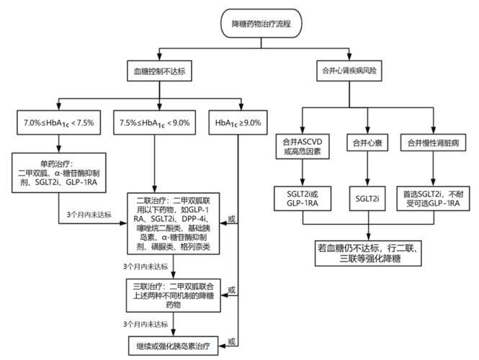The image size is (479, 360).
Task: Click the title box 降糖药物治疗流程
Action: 261,23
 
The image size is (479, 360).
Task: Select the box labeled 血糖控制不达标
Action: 159,71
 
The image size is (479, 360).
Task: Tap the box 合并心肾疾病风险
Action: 349,71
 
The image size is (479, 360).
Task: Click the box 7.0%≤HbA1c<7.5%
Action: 58,122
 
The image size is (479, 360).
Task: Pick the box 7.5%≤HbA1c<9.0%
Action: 155,122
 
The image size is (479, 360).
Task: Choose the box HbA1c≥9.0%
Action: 238,122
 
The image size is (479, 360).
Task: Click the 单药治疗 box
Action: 59,173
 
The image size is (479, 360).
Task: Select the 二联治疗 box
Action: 173,223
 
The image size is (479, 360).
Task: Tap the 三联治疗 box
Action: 173,295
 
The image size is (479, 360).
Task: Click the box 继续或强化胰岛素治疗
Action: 173,346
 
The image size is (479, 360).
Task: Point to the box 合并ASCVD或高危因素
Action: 303,146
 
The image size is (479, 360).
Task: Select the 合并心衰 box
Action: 367,143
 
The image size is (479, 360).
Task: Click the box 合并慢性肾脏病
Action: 433,143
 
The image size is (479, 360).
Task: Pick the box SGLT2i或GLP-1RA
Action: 303,199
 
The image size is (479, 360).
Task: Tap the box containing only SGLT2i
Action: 367,199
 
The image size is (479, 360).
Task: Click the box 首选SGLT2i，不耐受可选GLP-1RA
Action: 433,199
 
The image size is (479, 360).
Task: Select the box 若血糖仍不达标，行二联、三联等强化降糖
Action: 368,253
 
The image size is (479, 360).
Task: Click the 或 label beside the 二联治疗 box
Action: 232,219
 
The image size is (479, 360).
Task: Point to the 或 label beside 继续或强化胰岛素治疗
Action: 232,342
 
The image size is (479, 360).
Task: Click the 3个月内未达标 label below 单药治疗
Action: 89,215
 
